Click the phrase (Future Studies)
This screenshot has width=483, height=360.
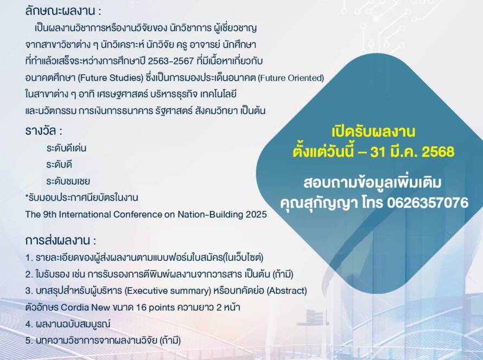(111, 78)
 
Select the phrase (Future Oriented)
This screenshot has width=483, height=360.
(291, 78)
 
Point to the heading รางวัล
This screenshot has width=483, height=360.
(41, 131)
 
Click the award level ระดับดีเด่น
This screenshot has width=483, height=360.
(66, 148)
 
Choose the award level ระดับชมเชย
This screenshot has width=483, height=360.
(68, 181)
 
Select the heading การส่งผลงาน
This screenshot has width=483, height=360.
(58, 240)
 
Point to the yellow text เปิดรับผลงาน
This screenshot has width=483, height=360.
(373, 132)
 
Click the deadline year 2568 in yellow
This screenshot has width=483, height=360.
(438, 152)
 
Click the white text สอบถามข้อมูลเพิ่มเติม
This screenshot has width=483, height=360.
(372, 183)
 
